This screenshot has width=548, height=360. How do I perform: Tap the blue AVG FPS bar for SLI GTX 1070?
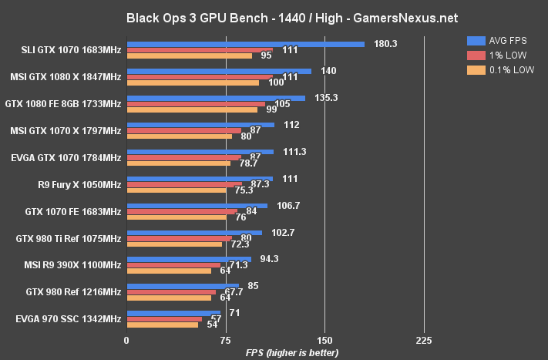pos(245,44)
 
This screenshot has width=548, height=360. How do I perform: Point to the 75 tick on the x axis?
pos(225,340)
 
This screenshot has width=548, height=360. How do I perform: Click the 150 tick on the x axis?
pos(324,340)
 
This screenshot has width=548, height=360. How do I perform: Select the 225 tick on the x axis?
pos(423,340)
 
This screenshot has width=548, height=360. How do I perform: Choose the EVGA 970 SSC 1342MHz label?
pos(68,318)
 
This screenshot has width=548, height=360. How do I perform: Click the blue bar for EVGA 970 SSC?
pos(173,313)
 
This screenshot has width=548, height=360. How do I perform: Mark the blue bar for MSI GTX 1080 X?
pos(219,71)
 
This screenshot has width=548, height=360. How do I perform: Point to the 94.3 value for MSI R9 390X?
pos(269,259)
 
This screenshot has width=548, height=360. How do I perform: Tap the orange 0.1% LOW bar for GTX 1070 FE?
pos(177,217)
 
